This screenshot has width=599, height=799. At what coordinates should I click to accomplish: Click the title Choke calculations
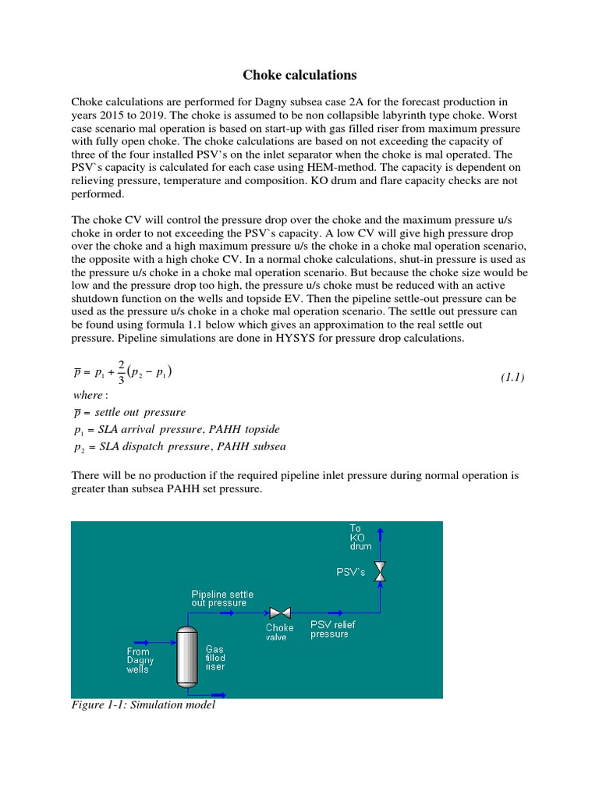tap(299, 76)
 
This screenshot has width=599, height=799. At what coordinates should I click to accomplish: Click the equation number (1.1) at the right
tap(512, 378)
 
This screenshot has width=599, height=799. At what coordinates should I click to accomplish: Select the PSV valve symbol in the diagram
tap(380, 571)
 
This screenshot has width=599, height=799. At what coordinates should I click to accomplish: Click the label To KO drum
tap(360, 537)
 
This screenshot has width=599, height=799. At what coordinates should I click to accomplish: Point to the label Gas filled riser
tap(215, 659)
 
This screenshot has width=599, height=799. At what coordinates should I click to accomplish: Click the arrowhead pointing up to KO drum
tap(380, 531)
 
